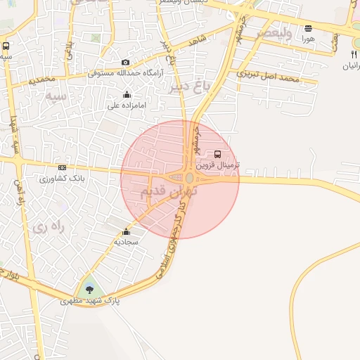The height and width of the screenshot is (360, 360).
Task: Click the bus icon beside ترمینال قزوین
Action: click(217, 154)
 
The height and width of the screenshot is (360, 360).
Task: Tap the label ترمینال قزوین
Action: click(217, 165)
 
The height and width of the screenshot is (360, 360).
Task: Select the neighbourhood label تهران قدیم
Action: click(169, 191)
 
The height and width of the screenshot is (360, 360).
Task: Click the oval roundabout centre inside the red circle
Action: click(190, 179)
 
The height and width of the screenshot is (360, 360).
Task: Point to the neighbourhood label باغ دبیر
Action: click(190, 87)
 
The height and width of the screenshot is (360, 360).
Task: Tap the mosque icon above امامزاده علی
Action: click(127, 94)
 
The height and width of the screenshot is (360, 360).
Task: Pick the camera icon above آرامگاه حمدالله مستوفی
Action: click(126, 63)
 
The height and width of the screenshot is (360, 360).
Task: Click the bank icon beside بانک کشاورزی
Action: click(62, 167)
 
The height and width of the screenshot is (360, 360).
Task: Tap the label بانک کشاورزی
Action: click(63, 178)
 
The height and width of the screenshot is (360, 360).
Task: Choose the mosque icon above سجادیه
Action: click(127, 231)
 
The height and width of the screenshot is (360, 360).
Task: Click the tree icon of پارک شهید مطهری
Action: click(89, 289)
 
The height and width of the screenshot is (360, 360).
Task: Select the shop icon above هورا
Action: click(308, 29)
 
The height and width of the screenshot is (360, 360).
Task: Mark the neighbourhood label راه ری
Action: click(49, 227)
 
